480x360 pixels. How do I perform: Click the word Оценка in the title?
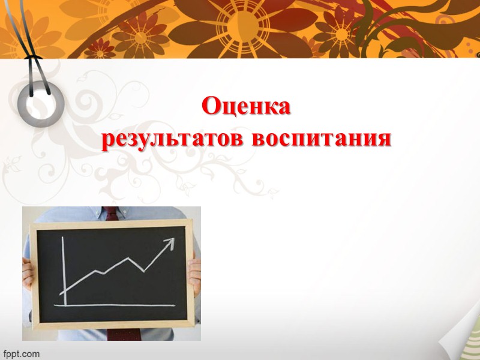point(246,107)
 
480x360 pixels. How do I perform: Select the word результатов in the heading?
point(174,139)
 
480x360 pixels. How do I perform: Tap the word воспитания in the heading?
point(322,139)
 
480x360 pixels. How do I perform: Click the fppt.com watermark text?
point(20,353)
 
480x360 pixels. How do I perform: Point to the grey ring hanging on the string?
point(41,95)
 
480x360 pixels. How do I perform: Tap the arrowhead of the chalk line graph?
point(170,242)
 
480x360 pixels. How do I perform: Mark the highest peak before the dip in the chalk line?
point(128,259)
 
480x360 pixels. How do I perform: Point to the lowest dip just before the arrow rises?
point(144,271)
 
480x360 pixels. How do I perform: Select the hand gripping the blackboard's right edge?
point(196,276)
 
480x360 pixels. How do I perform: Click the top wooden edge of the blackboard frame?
point(111,224)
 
